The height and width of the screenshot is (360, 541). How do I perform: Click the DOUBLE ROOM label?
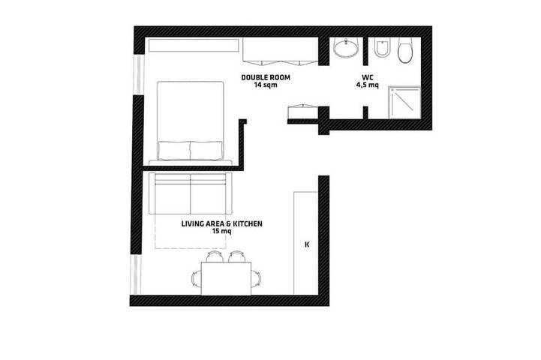pyautogui.click(x=266, y=77)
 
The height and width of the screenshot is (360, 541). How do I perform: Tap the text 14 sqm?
pyautogui.click(x=266, y=85)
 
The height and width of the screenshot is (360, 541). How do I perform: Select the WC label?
pyautogui.click(x=368, y=77)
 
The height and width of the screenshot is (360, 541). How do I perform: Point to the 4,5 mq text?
pyautogui.click(x=368, y=85)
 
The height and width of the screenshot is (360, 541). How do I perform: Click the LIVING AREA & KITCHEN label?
pyautogui.click(x=222, y=223)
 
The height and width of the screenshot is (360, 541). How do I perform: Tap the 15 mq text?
pyautogui.click(x=222, y=231)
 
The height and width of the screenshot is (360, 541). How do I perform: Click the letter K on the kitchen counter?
pyautogui.click(x=307, y=244)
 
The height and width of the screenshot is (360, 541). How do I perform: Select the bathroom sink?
pyautogui.click(x=346, y=47)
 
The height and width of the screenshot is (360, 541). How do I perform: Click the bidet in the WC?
pyautogui.click(x=381, y=48)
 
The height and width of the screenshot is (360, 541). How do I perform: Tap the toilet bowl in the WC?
pyautogui.click(x=405, y=50)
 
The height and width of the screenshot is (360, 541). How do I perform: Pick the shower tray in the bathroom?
pyautogui.click(x=404, y=103)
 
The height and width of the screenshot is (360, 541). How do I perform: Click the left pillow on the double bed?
pyautogui.click(x=174, y=150)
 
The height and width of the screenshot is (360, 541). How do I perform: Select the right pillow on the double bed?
pyautogui.click(x=206, y=150)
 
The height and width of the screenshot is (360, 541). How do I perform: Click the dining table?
pyautogui.click(x=226, y=278)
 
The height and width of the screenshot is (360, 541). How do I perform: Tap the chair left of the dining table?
pyautogui.click(x=197, y=278)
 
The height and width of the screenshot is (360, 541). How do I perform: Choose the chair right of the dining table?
pyautogui.click(x=256, y=278)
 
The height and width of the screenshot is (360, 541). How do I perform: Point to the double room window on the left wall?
pyautogui.click(x=138, y=74)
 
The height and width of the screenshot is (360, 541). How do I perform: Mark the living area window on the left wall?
pyautogui.click(x=135, y=274)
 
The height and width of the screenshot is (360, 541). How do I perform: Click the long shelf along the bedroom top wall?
pyautogui.click(x=194, y=46)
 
